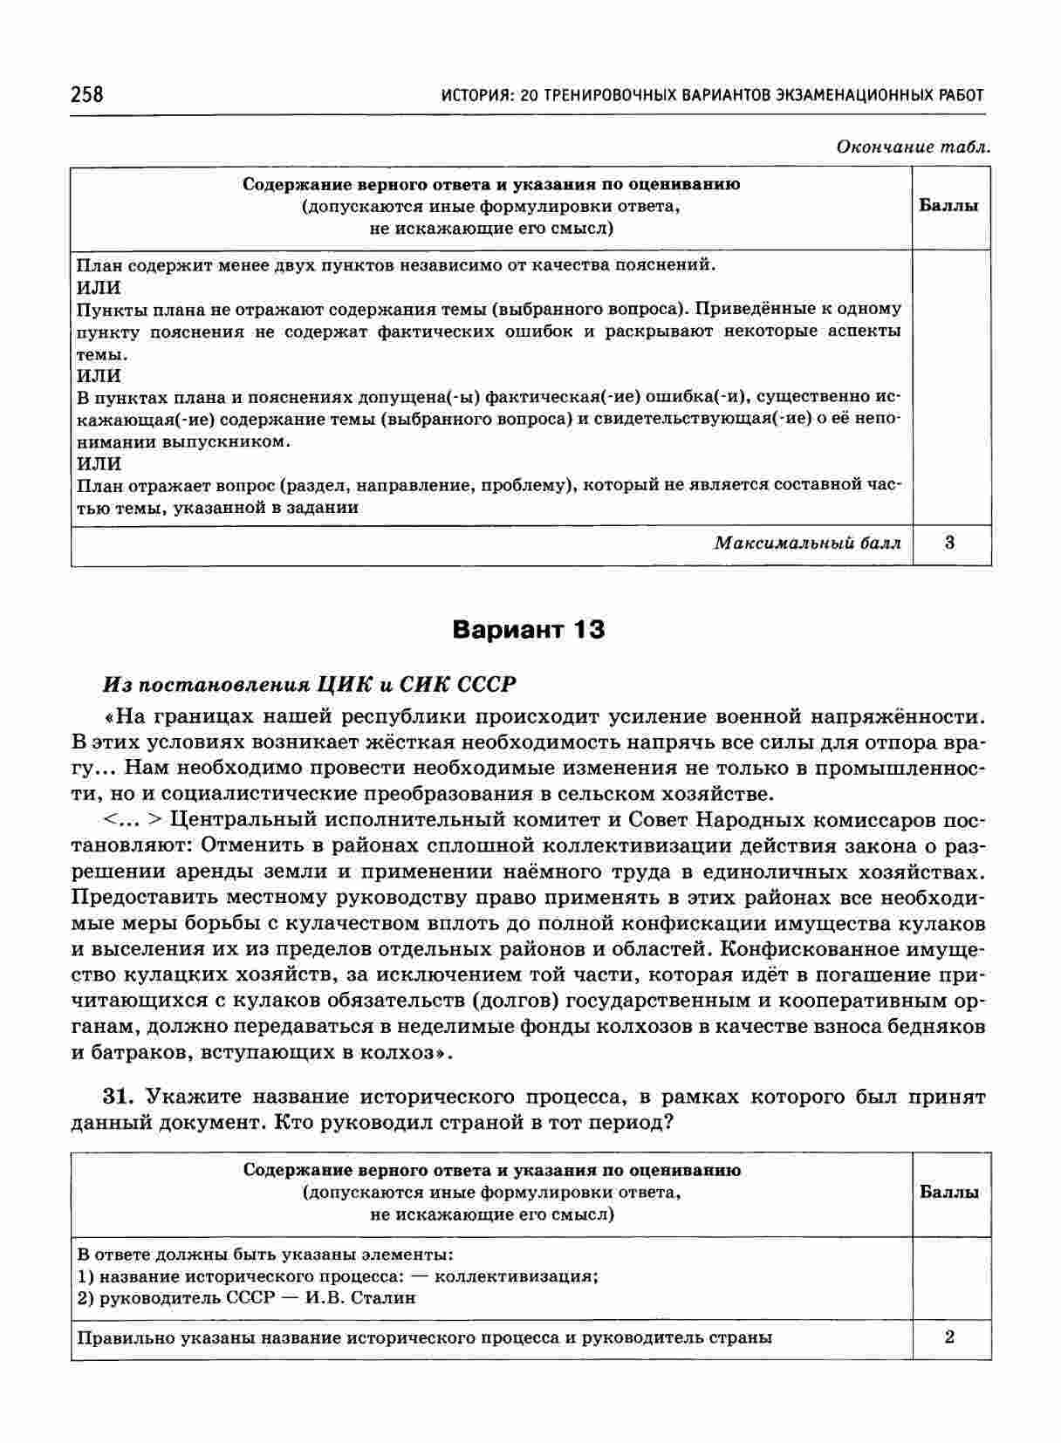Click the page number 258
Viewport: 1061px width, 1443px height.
87,94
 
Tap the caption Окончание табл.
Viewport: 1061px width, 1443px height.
913,147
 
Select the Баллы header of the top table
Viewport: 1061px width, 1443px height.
949,206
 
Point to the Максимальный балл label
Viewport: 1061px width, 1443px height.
807,543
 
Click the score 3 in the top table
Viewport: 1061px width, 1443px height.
949,543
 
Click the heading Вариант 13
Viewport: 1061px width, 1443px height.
529,630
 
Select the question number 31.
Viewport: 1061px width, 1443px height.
119,1097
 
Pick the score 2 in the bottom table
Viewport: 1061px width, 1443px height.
949,1337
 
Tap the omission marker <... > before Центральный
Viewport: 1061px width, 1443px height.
133,820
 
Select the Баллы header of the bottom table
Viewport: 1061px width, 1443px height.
949,1192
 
